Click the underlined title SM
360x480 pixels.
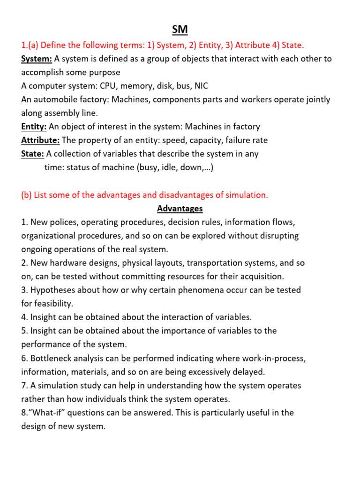(x=180, y=30)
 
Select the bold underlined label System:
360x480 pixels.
(x=37, y=59)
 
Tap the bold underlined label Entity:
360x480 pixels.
(x=34, y=127)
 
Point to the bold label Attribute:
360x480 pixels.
(x=40, y=140)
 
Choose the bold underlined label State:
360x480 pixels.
(x=33, y=154)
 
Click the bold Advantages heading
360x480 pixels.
(x=180, y=208)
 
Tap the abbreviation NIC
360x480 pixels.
(x=202, y=86)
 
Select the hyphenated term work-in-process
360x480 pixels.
(x=273, y=358)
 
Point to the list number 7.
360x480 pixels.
(x=24, y=385)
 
